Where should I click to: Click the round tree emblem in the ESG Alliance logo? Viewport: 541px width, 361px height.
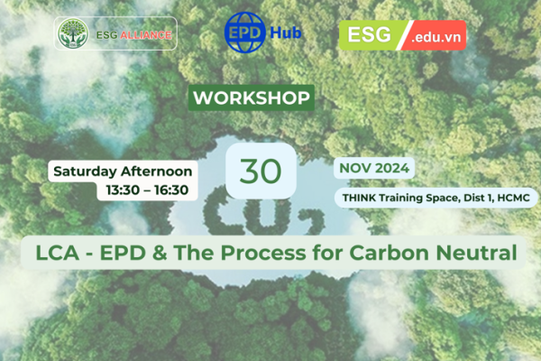[73, 33]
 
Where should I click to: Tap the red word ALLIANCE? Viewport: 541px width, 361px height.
[146, 35]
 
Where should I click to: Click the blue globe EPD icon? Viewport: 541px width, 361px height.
[244, 32]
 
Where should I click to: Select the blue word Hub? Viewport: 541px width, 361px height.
[285, 32]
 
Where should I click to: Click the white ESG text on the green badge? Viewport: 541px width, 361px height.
[369, 34]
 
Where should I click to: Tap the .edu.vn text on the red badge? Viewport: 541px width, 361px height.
[436, 37]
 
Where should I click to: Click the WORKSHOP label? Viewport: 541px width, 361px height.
[252, 97]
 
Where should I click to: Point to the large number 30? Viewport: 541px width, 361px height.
[261, 171]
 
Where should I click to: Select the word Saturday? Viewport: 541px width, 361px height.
[85, 171]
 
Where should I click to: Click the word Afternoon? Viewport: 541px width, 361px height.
[157, 171]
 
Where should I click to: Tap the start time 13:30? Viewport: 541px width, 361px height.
[123, 190]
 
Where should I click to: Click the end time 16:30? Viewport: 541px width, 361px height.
[171, 190]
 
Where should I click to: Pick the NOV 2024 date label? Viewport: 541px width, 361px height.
[374, 168]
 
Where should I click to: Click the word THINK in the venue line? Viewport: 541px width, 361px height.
[359, 198]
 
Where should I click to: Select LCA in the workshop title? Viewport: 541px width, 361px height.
[58, 253]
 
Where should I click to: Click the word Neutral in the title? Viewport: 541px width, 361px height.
[476, 253]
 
